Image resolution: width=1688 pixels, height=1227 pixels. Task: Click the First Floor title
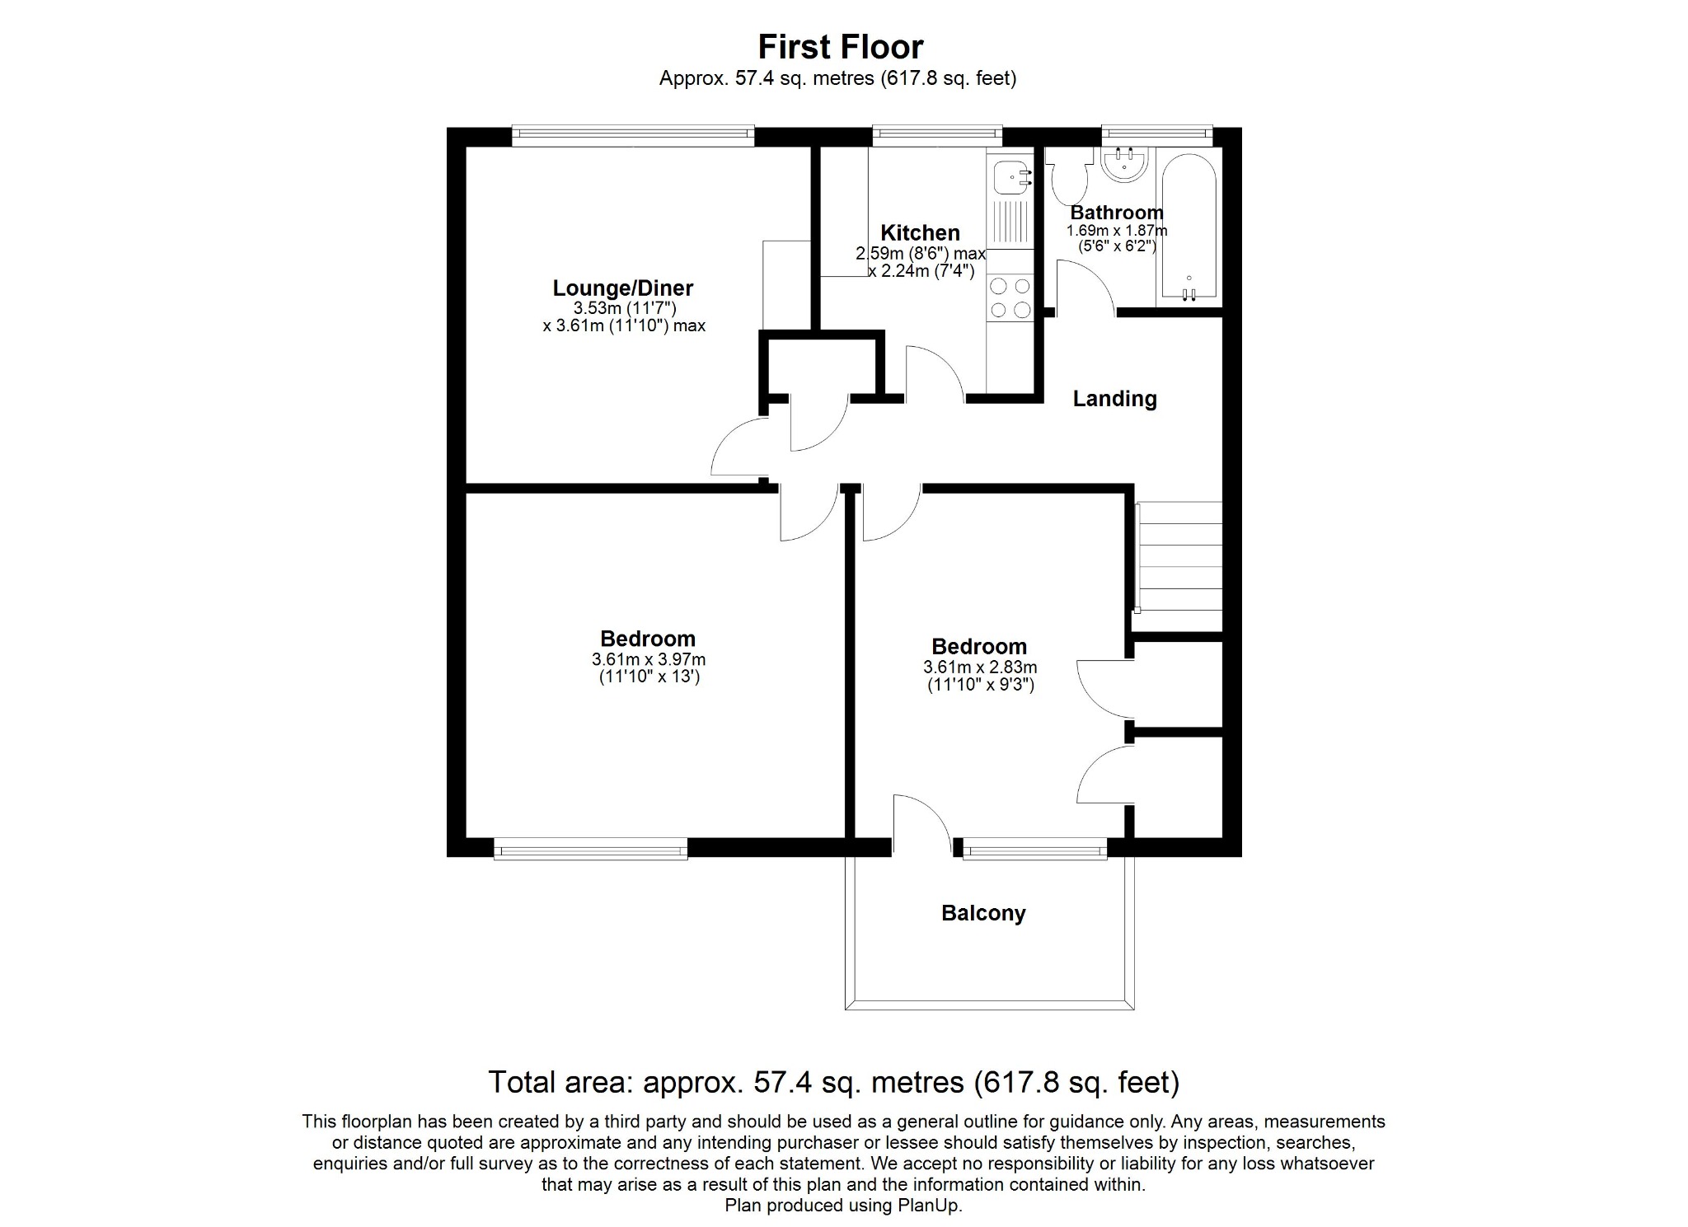840,47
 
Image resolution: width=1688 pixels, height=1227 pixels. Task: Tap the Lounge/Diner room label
622,288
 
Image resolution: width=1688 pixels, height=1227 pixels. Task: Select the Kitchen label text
920,232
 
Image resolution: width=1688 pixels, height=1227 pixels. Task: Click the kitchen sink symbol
1010,176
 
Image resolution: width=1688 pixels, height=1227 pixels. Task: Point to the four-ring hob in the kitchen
1010,297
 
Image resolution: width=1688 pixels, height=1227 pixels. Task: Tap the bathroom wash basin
1124,163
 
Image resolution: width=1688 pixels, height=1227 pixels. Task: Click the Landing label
1114,399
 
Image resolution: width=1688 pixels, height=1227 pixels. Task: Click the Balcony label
983,913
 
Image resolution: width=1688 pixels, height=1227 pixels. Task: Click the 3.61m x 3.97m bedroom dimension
648,660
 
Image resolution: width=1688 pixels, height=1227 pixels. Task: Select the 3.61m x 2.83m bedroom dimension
980,667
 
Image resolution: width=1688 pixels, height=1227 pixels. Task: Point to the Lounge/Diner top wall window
632,136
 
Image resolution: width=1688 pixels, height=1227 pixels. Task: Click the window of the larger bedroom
590,849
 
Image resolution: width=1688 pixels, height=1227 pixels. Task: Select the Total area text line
833,1082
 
